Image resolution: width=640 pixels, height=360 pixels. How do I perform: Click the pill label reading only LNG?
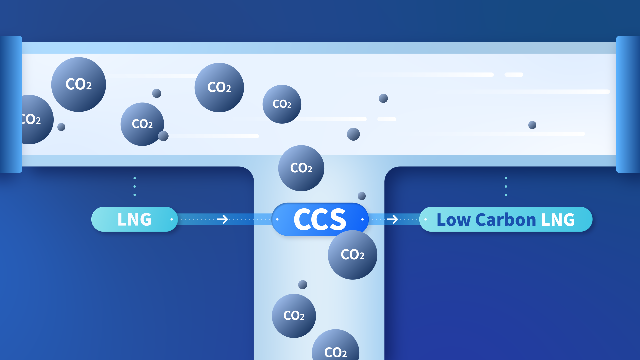134,219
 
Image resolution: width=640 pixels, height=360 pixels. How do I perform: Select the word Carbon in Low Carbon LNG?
506,220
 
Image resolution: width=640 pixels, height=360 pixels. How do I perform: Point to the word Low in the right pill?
453,220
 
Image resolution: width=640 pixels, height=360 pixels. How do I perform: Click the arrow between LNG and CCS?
222,219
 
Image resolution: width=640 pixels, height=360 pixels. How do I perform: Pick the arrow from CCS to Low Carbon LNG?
392,219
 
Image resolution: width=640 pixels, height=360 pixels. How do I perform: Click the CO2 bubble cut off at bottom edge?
335,347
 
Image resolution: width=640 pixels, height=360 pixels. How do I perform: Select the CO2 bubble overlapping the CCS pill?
352,255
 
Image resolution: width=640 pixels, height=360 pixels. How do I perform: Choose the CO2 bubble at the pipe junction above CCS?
301,168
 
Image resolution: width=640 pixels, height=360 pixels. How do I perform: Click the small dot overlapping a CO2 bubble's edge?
163,136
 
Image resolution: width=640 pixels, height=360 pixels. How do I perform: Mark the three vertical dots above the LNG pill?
135,186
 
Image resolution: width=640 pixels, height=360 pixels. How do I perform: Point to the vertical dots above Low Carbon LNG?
506,186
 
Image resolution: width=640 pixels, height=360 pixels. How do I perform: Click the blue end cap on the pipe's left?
11,104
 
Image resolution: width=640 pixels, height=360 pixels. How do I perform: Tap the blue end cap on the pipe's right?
628,104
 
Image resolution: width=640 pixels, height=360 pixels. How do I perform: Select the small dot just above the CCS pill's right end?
362,196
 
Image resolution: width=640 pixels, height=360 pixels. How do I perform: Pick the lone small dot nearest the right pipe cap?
532,125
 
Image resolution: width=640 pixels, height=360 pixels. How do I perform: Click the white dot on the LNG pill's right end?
172,219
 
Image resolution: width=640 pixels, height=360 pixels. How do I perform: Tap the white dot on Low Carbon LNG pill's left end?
425,219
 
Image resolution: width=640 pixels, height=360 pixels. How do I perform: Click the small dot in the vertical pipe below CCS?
303,285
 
